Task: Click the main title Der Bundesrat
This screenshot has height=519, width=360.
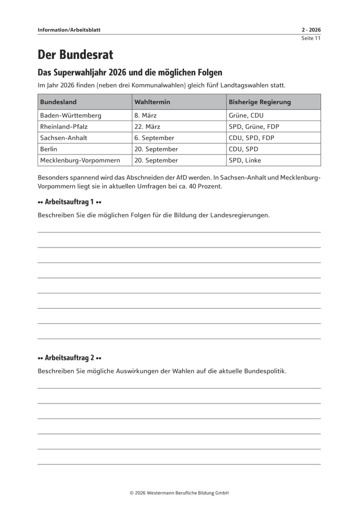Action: coord(75,54)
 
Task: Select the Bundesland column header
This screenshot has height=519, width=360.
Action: coord(58,102)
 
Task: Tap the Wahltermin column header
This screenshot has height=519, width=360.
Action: coord(152,102)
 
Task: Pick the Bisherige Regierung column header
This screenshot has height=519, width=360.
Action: coord(259,102)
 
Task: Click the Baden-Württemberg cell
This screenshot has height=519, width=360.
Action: coord(70,115)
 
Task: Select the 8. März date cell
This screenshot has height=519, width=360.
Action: coord(145,115)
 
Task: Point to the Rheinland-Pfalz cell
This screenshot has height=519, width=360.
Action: coord(63,126)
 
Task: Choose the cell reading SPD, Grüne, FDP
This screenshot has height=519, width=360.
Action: coord(254,126)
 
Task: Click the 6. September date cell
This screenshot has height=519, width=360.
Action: coord(154,138)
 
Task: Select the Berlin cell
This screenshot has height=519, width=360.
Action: coord(48,149)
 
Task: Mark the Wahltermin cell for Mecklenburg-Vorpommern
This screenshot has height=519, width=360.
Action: coord(156,160)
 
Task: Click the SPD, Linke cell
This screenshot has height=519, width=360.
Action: coord(245,160)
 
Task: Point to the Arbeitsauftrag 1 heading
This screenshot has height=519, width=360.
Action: coord(69,202)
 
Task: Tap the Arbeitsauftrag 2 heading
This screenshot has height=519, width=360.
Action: coord(69,358)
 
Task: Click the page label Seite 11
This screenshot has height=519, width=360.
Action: coord(310,38)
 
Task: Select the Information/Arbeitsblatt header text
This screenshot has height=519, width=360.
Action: coord(69,30)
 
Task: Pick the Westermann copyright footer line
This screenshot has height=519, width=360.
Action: coord(179,492)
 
